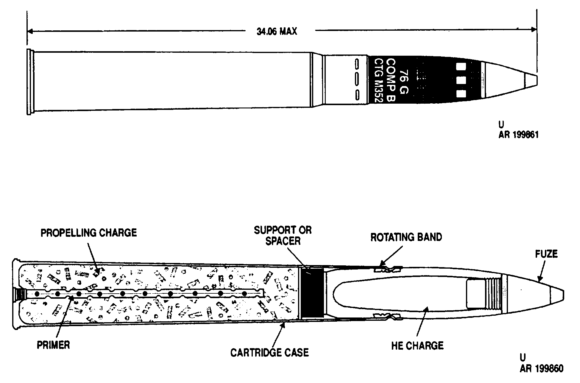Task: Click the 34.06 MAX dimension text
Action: [x=277, y=31]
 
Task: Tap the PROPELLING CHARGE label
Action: [x=89, y=233]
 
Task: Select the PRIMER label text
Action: [x=53, y=345]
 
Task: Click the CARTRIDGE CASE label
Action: [x=269, y=353]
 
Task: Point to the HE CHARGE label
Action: [x=417, y=345]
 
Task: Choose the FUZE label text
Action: [x=546, y=254]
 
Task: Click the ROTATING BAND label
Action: [x=406, y=237]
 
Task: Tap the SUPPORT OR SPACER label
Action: [x=283, y=235]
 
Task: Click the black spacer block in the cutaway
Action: [x=312, y=292]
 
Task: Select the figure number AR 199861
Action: [x=519, y=135]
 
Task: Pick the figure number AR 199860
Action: [x=542, y=369]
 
